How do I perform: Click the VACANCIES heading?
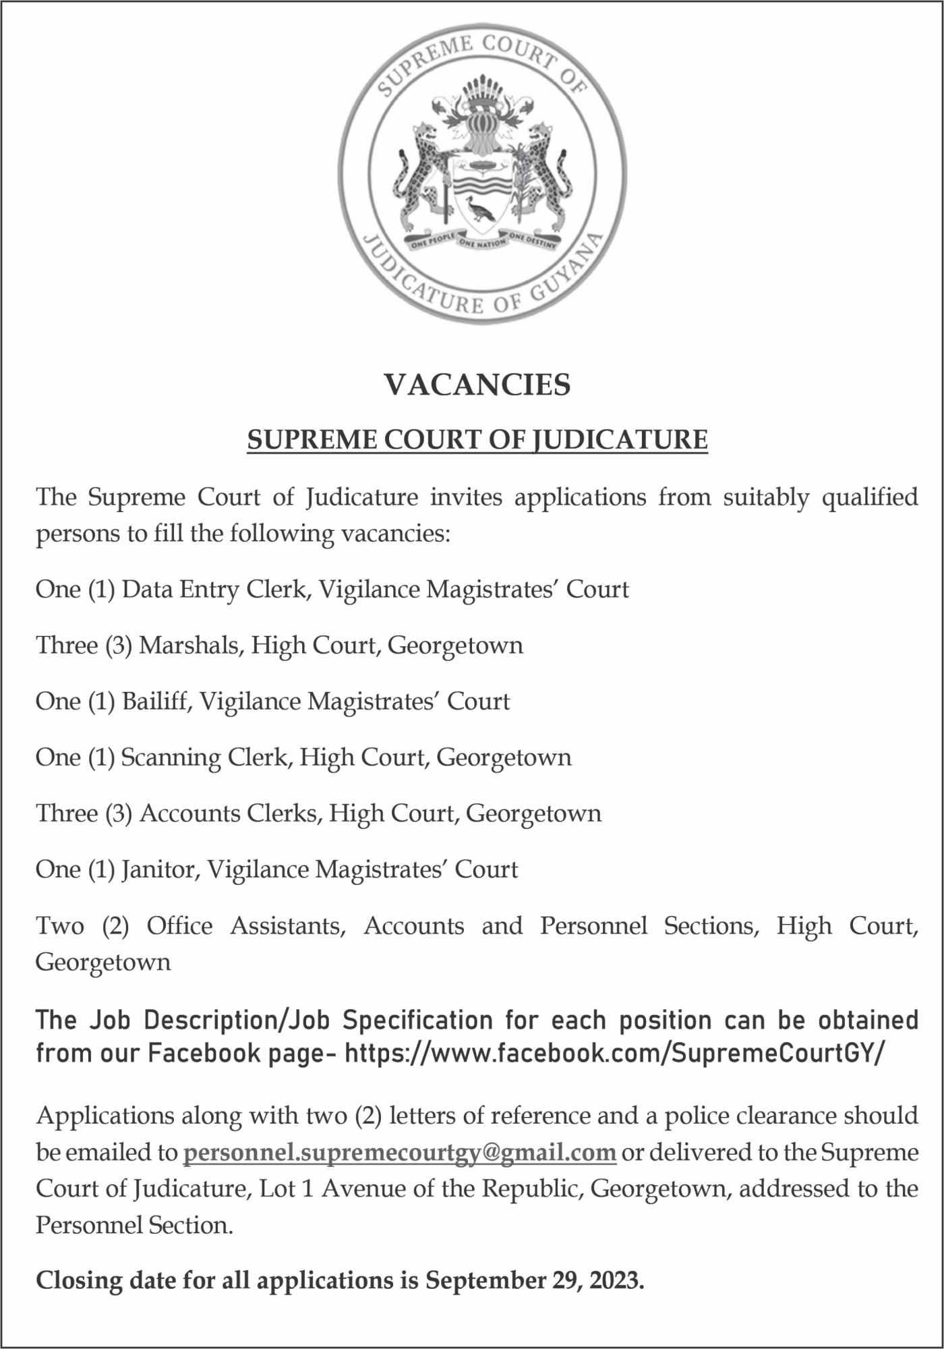(477, 385)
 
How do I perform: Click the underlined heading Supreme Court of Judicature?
(477, 440)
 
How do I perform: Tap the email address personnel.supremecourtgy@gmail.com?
(400, 1152)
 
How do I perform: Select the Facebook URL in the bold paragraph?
(613, 1054)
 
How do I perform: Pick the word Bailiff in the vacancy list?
(158, 701)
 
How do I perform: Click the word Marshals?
(189, 645)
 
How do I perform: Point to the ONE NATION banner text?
(481, 243)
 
